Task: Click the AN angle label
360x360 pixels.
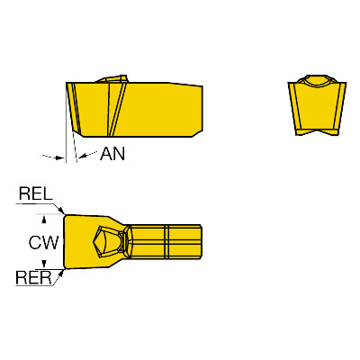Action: (112, 154)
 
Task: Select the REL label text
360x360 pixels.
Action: (36, 193)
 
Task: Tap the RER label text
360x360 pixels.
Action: (33, 277)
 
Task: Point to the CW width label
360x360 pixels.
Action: (43, 242)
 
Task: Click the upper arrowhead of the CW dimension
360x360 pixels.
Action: (44, 220)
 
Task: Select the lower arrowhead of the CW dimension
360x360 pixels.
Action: (44, 264)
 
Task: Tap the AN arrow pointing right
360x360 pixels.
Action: (54, 157)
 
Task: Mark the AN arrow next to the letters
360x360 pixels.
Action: (87, 155)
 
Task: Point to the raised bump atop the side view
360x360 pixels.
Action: (112, 78)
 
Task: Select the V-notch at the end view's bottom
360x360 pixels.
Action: (317, 132)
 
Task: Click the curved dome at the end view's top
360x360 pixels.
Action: (318, 80)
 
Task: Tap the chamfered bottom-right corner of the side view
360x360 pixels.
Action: (197, 134)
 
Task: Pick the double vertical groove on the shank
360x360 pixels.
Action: (166, 241)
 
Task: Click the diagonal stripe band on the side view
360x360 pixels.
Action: (116, 110)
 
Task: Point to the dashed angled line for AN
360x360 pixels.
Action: (75, 147)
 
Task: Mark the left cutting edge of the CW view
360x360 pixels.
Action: (64, 241)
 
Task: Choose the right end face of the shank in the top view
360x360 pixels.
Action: (201, 241)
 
